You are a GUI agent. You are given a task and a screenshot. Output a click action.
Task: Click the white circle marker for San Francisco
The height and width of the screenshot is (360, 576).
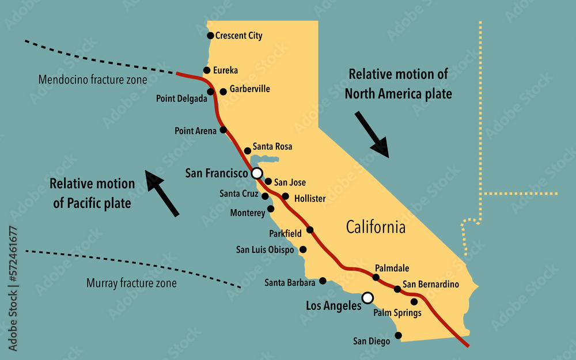click(x=257, y=173)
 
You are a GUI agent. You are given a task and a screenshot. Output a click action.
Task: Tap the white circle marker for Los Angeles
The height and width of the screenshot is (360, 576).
click(x=367, y=297)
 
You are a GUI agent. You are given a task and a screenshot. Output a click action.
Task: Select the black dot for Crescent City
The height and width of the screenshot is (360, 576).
click(x=210, y=35)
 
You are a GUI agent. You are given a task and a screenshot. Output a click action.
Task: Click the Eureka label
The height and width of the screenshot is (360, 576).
click(x=225, y=70)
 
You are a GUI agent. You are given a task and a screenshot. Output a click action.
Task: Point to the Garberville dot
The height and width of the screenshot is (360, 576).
click(x=223, y=92)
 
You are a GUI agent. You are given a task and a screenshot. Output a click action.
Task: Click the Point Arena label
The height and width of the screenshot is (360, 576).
click(x=195, y=131)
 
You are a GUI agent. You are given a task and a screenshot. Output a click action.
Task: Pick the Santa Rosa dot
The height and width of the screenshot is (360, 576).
click(x=248, y=151)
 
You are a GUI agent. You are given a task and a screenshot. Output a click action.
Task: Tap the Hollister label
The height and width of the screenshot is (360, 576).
click(x=309, y=199)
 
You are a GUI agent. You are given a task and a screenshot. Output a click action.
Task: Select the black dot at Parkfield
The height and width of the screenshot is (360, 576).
click(x=310, y=230)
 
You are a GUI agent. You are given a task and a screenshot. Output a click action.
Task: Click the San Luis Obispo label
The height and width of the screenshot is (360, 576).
click(x=265, y=250)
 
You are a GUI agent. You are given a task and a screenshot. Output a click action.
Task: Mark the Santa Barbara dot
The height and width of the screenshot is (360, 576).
click(x=323, y=281)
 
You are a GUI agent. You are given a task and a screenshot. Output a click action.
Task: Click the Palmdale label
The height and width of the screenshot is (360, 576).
click(x=392, y=268)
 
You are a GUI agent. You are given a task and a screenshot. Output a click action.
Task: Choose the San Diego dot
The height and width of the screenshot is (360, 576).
click(x=398, y=335)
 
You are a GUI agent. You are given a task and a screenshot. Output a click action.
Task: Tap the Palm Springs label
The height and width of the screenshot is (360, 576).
click(x=397, y=313)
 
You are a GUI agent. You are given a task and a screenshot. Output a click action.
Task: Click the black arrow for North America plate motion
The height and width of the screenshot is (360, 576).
click(x=372, y=134)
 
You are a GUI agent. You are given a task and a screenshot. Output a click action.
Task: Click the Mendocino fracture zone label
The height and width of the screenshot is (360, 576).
click(x=93, y=79)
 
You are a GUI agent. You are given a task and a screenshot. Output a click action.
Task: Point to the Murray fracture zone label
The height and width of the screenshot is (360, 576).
click(x=131, y=283)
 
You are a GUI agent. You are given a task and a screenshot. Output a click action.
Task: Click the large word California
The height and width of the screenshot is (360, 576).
click(x=376, y=227)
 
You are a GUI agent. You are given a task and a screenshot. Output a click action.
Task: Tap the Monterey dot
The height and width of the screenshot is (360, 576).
click(x=271, y=209)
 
